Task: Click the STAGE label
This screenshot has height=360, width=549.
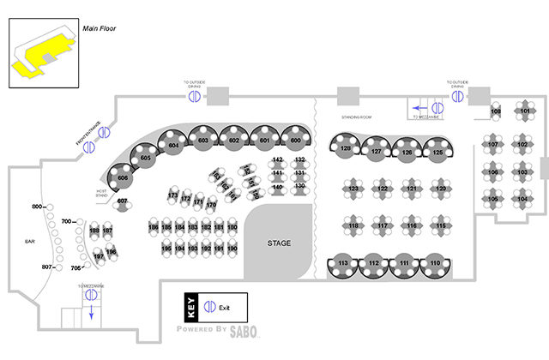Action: click(x=278, y=243)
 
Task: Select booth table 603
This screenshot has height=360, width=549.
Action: click(x=202, y=140)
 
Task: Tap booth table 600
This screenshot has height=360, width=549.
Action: click(x=296, y=140)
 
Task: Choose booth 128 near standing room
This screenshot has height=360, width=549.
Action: click(x=345, y=149)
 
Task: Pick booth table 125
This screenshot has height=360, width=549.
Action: click(x=437, y=152)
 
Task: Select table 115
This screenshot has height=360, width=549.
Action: click(x=441, y=225)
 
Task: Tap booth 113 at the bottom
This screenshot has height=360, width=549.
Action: click(x=343, y=262)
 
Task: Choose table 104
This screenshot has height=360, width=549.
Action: click(x=522, y=199)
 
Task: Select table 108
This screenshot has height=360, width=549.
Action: click(x=496, y=112)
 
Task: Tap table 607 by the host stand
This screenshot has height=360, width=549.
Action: click(x=123, y=201)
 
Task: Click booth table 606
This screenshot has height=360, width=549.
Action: click(x=123, y=177)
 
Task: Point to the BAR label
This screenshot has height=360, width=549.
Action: click(x=27, y=243)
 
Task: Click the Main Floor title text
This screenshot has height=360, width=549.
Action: click(x=100, y=28)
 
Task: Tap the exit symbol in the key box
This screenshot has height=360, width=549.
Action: click(x=208, y=306)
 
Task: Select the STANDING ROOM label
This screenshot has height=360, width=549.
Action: click(x=354, y=117)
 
